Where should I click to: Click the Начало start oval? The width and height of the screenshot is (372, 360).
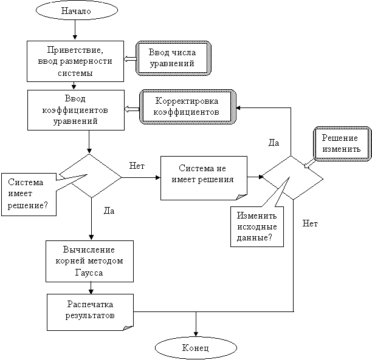coord(77,11)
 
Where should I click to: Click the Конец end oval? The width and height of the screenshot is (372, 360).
coord(195,348)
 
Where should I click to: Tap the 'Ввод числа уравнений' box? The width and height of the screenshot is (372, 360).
coord(173,58)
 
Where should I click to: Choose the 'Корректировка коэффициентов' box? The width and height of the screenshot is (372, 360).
coord(187,107)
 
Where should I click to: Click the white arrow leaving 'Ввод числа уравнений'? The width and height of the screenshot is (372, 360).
coord(129,59)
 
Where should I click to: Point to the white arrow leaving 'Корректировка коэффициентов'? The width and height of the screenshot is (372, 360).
coord(132,109)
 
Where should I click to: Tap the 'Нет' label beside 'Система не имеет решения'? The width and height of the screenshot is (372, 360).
coord(137,166)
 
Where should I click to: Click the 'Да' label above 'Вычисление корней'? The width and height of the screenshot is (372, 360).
coord(109,210)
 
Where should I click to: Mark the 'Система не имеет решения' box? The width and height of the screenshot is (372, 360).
coord(204,178)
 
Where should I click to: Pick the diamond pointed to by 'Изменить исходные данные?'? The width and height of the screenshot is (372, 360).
coord(292,177)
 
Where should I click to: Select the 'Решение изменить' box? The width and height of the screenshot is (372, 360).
coord(342,143)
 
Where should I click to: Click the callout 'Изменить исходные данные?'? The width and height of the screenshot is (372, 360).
coord(257,226)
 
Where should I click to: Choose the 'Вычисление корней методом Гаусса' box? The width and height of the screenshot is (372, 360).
coord(89,261)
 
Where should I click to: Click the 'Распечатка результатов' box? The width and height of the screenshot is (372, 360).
coord(89,311)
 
